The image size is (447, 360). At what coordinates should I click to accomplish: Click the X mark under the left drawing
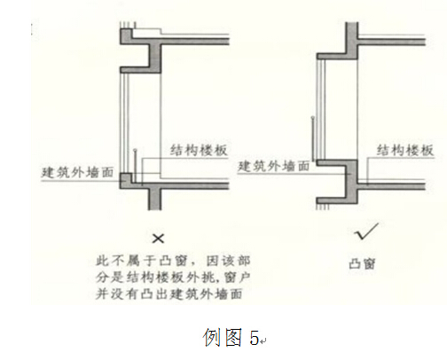click(158, 239)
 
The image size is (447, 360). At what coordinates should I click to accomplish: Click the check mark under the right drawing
click(366, 231)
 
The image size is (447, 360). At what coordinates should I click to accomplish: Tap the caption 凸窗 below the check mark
click(362, 264)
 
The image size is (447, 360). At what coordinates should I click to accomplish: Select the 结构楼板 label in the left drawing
click(199, 150)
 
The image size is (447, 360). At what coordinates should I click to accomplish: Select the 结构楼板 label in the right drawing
click(405, 150)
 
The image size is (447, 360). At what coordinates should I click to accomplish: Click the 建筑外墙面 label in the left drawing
click(77, 172)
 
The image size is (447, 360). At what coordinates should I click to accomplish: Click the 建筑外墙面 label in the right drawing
click(274, 167)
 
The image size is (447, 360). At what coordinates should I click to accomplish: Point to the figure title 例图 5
click(231, 337)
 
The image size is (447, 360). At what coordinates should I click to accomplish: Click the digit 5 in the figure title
click(254, 338)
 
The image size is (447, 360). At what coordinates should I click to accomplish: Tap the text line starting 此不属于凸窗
click(173, 261)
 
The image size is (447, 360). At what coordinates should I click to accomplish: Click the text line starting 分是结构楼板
click(173, 278)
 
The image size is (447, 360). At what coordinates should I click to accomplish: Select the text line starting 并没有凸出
click(169, 294)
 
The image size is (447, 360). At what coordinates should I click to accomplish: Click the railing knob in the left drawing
click(135, 151)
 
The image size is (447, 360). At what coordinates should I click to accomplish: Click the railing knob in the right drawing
click(313, 118)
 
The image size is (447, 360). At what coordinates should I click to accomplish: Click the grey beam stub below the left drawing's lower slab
click(154, 200)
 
